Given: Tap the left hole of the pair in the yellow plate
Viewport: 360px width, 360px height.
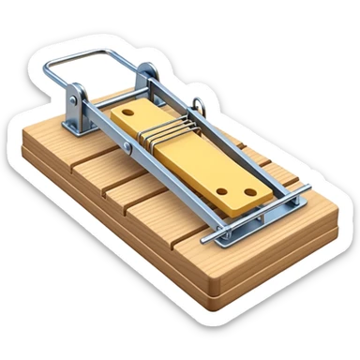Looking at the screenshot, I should click(x=221, y=191).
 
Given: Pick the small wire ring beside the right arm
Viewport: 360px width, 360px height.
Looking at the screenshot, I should click(x=198, y=105).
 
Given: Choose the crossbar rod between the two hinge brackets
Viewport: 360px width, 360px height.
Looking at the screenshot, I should click(x=112, y=86).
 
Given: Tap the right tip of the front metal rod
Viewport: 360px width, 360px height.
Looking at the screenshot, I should click(x=308, y=187).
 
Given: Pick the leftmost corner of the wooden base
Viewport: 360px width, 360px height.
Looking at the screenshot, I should click(x=23, y=141).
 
